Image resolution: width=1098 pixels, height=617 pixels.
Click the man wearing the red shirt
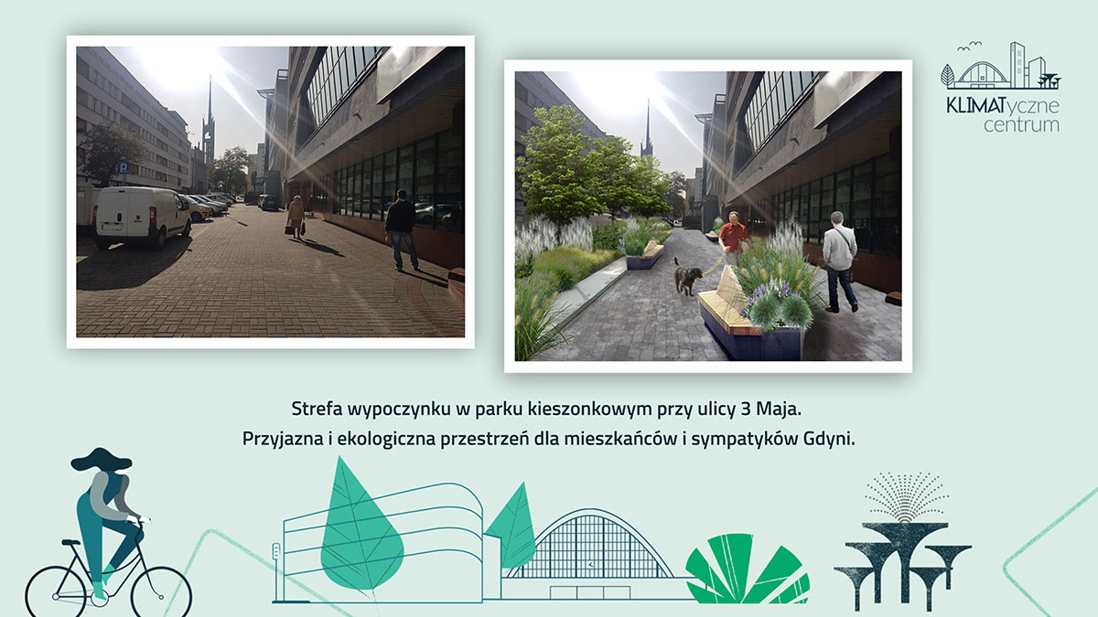coord(733,239)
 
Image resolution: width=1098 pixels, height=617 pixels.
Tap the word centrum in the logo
coord(1021,124)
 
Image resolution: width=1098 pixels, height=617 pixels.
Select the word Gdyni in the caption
coord(826,438)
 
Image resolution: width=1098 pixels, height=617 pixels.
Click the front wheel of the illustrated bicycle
coord(162,589)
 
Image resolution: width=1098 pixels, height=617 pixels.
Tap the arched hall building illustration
coord(595,548)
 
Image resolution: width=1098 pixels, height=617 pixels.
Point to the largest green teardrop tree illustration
coord(361,530)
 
